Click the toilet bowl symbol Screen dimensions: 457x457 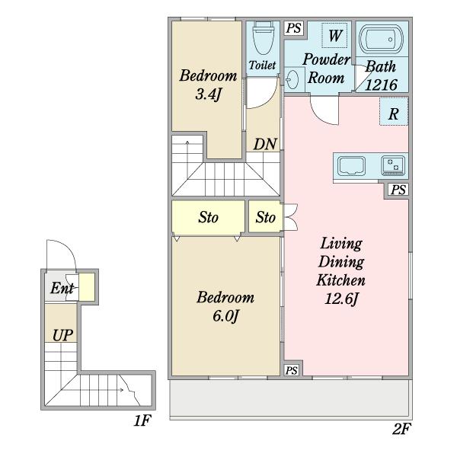[264, 38]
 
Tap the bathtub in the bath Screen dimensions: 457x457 [382, 40]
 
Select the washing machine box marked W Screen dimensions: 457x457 [334, 35]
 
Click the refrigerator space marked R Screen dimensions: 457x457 [394, 112]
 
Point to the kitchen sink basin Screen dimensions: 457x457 [351, 166]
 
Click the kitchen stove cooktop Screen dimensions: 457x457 [393, 166]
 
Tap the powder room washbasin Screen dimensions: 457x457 [292, 80]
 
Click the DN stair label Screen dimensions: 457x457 [265, 144]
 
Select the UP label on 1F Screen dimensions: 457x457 [62, 335]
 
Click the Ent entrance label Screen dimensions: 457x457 [62, 288]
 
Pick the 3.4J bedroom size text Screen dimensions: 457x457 [209, 94]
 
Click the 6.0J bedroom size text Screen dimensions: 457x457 [226, 316]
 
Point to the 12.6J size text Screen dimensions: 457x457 [341, 299]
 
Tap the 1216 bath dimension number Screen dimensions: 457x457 [381, 85]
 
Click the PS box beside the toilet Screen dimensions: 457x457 [293, 28]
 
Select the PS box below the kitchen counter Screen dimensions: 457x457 [398, 190]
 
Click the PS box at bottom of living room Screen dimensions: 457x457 [292, 370]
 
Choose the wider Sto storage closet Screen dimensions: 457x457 [208, 217]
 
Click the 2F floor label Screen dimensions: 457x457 [401, 430]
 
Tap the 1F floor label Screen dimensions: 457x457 [142, 420]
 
